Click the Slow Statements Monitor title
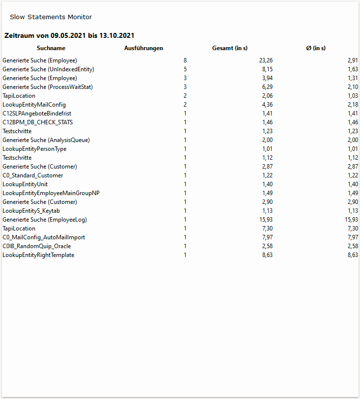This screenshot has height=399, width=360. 51,17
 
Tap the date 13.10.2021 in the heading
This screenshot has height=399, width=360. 117,35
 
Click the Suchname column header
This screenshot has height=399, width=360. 51,48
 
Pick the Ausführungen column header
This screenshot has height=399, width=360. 143,48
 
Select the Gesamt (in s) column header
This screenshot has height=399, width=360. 229,48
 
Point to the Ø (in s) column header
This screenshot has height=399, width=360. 316,48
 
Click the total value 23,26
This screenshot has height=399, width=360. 266,60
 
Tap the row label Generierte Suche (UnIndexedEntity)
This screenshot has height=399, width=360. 48,69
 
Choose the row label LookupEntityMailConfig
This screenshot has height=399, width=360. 34,105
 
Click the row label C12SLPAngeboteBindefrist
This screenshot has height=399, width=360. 37,114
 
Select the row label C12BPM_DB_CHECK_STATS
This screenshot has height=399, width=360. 37,122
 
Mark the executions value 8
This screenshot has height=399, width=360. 185,60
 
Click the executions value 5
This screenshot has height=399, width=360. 185,69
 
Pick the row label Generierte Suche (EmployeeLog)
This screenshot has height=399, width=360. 45,220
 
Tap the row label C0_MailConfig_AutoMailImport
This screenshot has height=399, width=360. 44,237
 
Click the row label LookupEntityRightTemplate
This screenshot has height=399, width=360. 38,255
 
